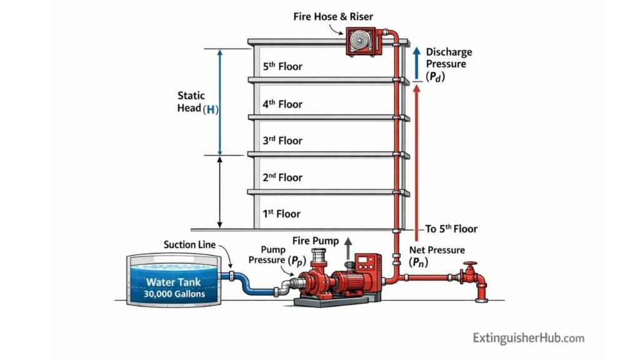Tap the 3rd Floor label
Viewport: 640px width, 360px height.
pos(282,141)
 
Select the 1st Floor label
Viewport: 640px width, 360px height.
pos(281,214)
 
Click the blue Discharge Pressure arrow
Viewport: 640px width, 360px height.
pos(416,62)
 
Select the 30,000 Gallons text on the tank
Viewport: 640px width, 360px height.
pos(175,293)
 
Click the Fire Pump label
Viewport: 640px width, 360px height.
pos(316,241)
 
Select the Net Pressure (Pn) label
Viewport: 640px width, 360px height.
pos(436,256)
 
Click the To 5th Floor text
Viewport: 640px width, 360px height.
pos(451,229)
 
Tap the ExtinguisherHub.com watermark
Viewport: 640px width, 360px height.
pos(528,338)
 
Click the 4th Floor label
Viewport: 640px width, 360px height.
pos(282,104)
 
